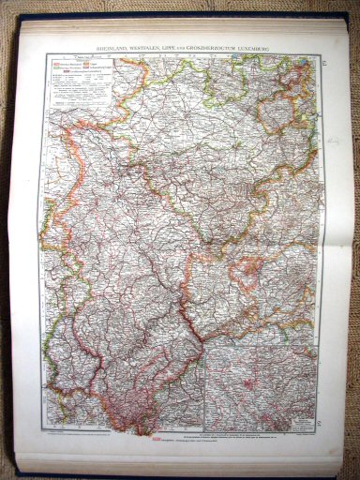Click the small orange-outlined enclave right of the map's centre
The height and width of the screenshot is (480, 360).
[247, 272]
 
